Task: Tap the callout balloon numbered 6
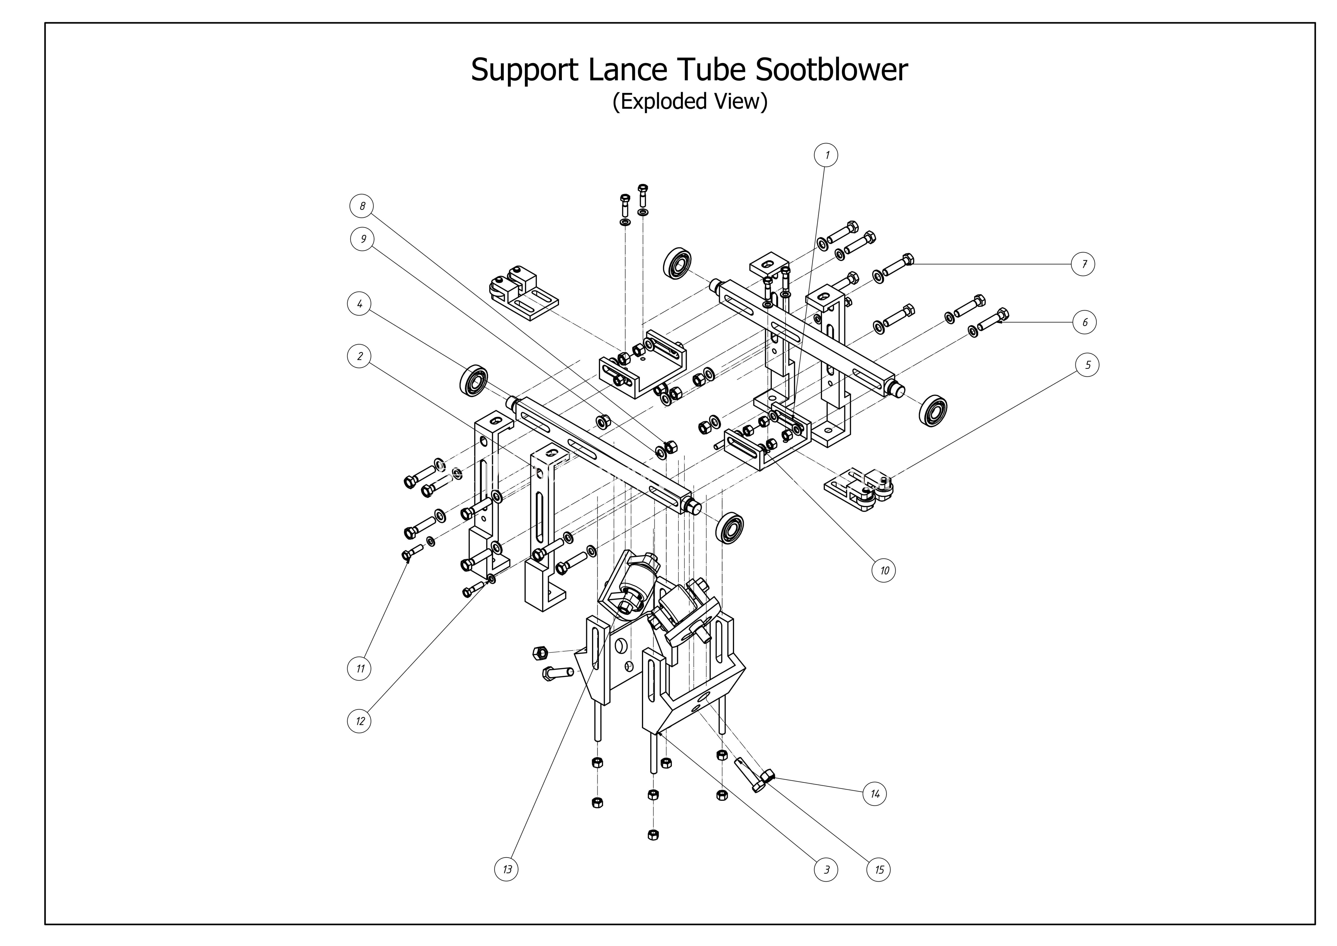coord(1084,322)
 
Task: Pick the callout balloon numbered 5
coord(1087,365)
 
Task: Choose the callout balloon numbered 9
coord(363,239)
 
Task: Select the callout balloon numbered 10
coord(884,570)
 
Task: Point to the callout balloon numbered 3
coord(826,870)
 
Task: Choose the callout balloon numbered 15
coord(879,870)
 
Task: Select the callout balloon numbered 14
coord(875,794)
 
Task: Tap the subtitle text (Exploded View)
coord(690,101)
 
